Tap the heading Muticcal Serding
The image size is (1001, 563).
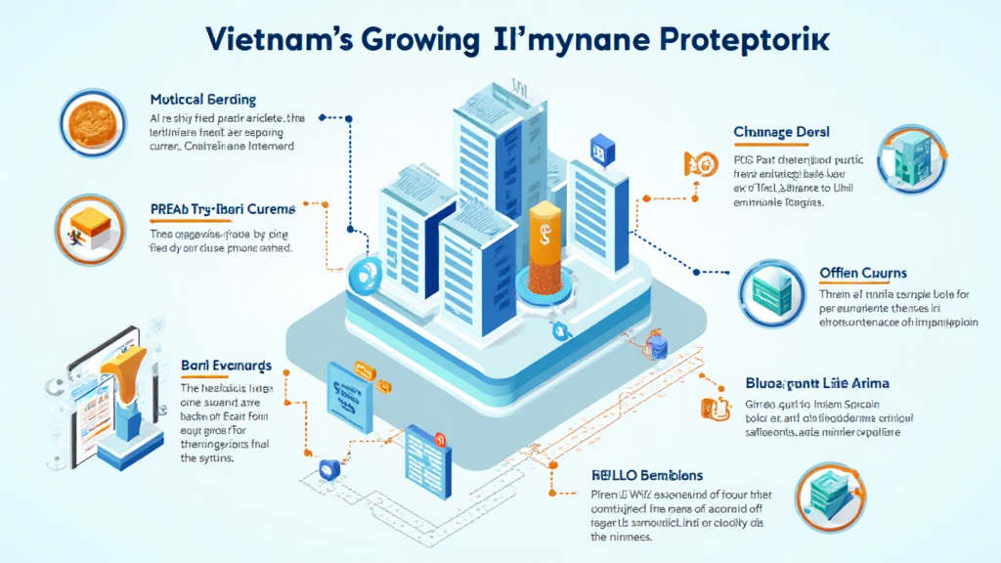pos(203,100)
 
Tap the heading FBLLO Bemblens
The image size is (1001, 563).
pos(647,475)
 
